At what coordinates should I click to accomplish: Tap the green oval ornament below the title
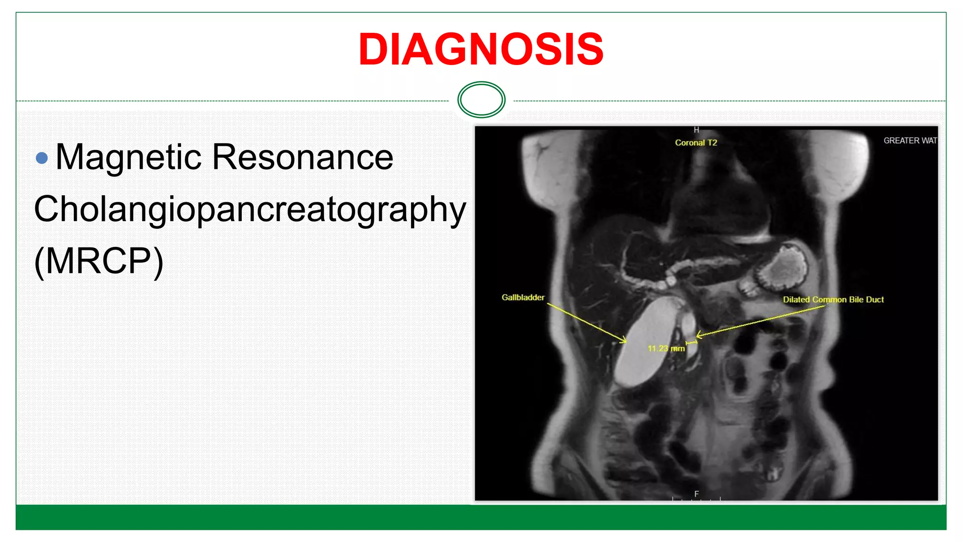coord(481,99)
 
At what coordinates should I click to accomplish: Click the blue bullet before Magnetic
coord(42,158)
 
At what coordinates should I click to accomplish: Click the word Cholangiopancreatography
coord(250,209)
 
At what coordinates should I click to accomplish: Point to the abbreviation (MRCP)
coord(99,261)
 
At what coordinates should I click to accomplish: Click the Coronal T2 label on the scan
coord(695,143)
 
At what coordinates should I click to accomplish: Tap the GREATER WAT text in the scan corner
coord(910,141)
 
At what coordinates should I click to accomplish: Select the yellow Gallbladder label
coord(522,297)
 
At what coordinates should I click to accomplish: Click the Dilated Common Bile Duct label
coord(833,300)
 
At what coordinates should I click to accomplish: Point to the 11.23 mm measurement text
coord(666,349)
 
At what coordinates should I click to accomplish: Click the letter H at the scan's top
coord(696,130)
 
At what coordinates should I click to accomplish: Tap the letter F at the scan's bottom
coord(696,494)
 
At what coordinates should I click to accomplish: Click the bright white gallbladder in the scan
coord(644,343)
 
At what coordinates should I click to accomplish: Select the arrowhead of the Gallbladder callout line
coord(624,341)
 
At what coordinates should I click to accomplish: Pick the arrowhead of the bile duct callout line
coord(698,335)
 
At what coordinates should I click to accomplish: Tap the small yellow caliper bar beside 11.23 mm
coord(691,343)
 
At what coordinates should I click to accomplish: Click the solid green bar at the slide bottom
coord(481,517)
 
